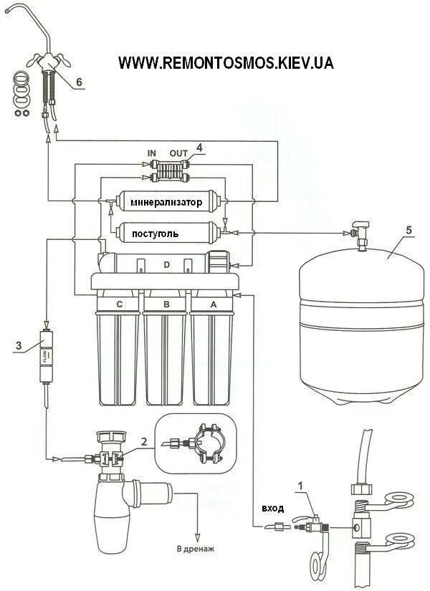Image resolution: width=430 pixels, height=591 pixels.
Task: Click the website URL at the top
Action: [x=226, y=63]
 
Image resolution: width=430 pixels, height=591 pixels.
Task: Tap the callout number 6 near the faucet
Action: [x=80, y=82]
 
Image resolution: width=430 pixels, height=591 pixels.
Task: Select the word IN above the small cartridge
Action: [x=152, y=153]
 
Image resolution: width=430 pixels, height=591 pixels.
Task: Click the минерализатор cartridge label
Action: [x=166, y=203]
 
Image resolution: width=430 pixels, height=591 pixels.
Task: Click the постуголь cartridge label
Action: [x=155, y=234]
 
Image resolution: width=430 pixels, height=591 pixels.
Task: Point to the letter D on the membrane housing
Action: [x=166, y=266]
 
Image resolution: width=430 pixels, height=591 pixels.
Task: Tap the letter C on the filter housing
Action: [x=120, y=304]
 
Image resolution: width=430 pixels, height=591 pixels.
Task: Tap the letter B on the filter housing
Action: [x=166, y=304]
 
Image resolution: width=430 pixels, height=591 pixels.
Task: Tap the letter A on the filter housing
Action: [x=212, y=304]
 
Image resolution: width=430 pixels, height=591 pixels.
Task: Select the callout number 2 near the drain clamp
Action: [x=145, y=443]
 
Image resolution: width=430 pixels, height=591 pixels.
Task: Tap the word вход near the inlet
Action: [x=272, y=508]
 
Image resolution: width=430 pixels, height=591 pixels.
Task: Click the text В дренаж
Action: [x=195, y=549]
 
